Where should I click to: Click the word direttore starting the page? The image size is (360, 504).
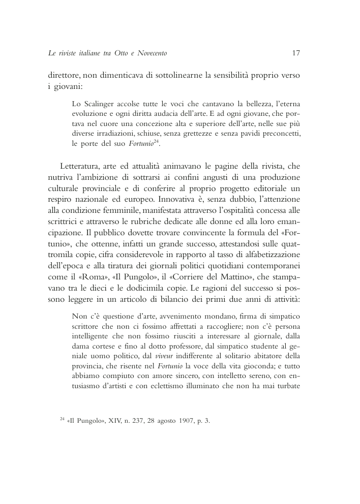[x=64, y=76]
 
